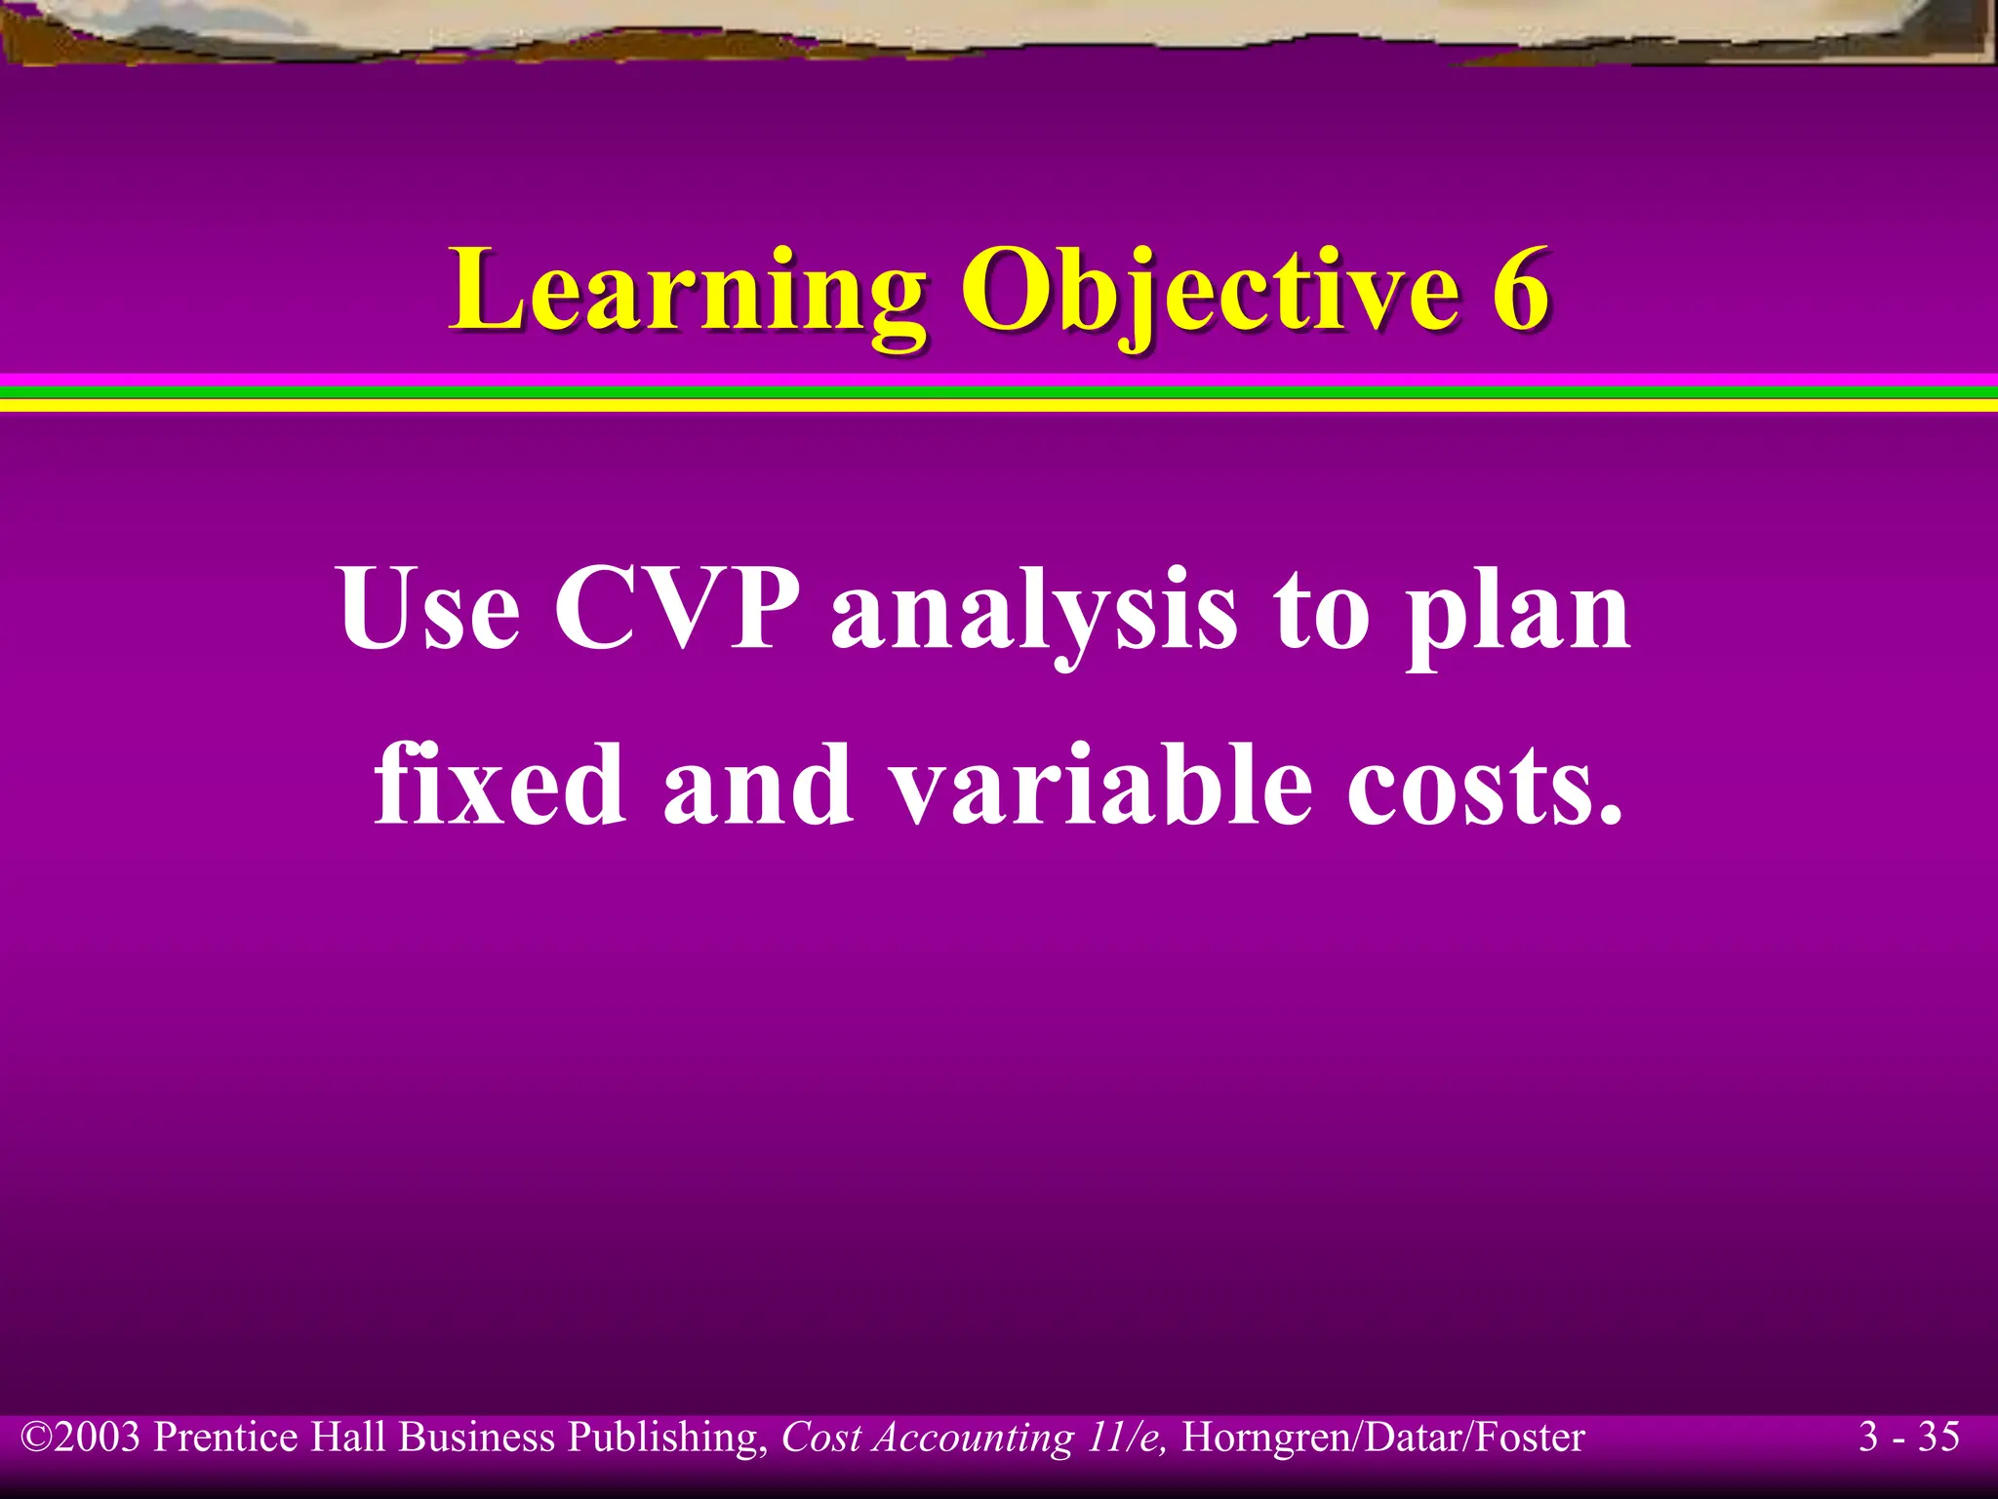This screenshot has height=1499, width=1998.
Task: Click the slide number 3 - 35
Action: click(x=1908, y=1437)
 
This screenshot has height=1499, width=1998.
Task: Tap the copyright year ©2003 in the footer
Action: click(x=82, y=1438)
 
